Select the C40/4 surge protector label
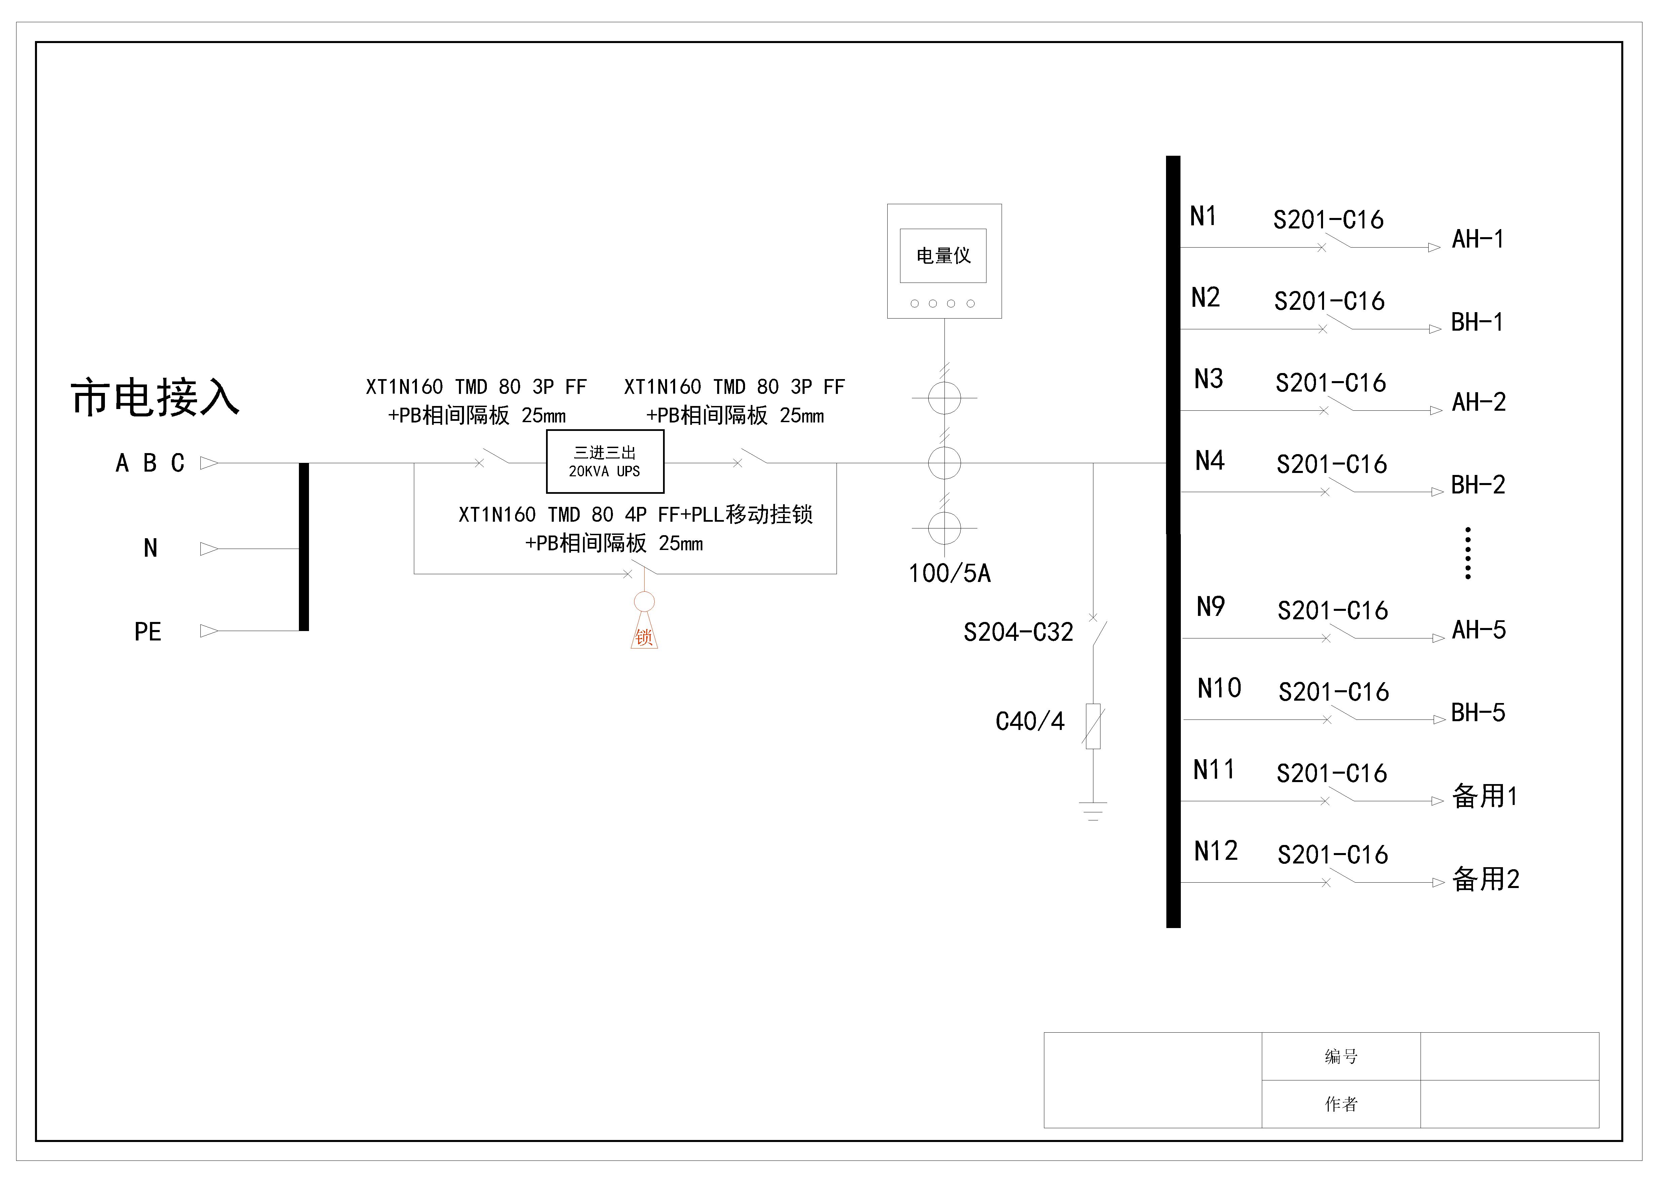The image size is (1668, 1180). click(x=1030, y=722)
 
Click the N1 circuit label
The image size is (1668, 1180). click(x=1203, y=217)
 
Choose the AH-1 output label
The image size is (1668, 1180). click(x=1478, y=239)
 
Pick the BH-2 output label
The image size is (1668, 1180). click(x=1478, y=485)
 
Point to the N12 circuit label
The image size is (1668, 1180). click(x=1215, y=851)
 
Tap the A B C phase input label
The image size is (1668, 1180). click(x=150, y=463)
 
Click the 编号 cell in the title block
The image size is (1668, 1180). click(x=1341, y=1057)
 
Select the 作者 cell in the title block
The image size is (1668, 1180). click(x=1341, y=1104)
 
